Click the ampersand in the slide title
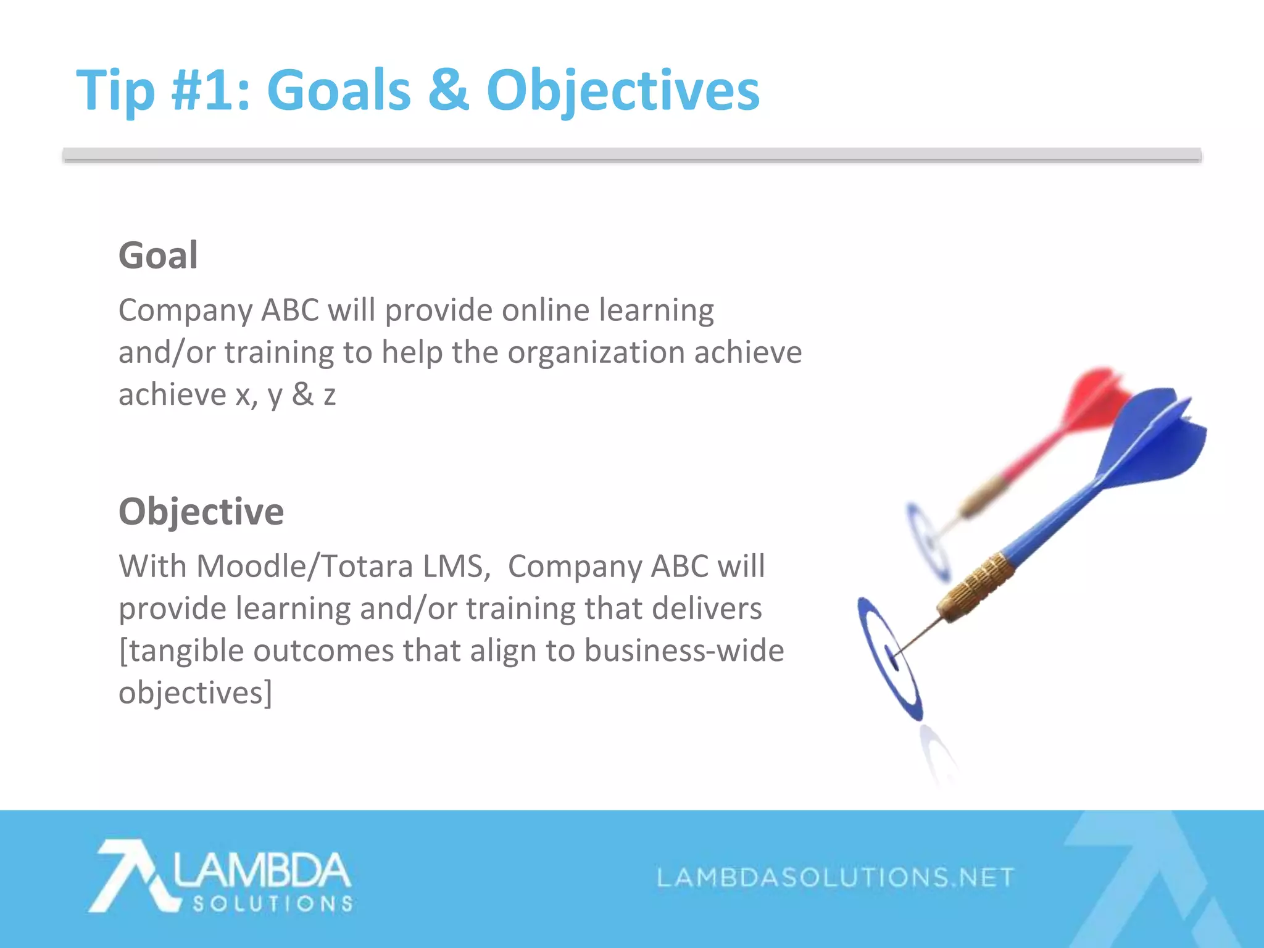coord(448,90)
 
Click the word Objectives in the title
coord(623,91)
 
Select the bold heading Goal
coord(158,256)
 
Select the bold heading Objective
coord(201,512)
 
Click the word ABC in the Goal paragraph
coord(290,310)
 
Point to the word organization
coord(596,352)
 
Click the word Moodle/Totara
coord(304,566)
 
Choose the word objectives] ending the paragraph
coord(195,693)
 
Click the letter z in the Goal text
coord(330,396)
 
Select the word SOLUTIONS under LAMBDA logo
coord(272,904)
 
